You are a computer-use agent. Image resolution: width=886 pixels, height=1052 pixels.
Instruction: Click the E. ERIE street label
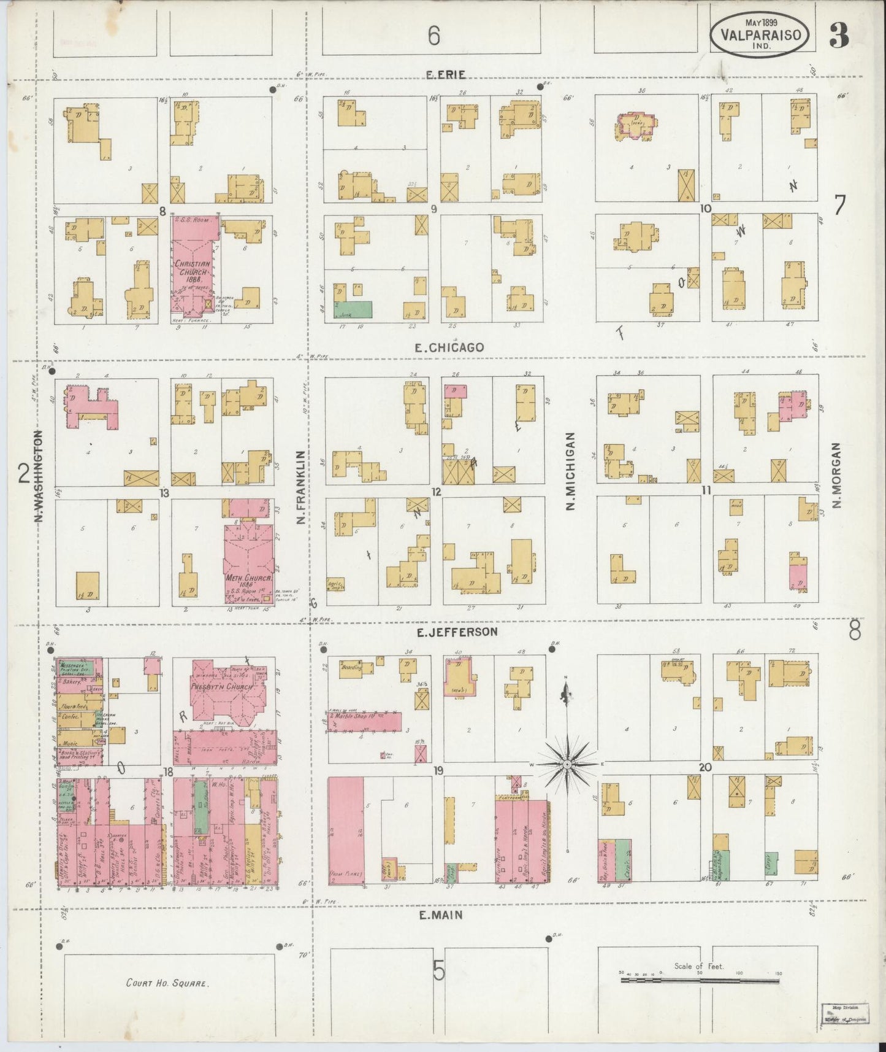(446, 74)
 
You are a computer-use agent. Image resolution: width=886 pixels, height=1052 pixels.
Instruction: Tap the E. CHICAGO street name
(449, 347)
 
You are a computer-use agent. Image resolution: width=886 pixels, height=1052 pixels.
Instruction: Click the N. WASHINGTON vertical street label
(39, 476)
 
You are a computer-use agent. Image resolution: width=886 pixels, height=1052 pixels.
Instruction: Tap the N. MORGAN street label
(838, 475)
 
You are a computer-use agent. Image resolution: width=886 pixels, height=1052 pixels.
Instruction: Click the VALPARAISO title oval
(763, 35)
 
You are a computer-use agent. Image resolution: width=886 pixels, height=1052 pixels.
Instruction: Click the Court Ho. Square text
(167, 983)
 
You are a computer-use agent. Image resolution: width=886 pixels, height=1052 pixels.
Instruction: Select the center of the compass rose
(567, 764)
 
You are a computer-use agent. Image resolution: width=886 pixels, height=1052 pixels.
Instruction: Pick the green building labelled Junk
(353, 309)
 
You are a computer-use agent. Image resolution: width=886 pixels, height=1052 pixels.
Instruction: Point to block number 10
(705, 209)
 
